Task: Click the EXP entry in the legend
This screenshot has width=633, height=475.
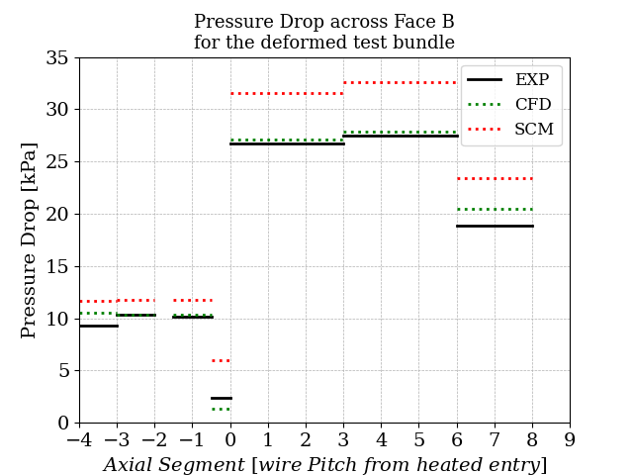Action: tap(532, 80)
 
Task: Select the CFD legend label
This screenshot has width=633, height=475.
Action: tap(532, 105)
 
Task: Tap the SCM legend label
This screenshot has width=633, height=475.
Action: tap(534, 130)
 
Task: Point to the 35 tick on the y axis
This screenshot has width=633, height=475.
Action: tap(58, 58)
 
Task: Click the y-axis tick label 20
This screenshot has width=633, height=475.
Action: tap(58, 215)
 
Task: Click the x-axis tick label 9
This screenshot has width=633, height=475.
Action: tap(570, 438)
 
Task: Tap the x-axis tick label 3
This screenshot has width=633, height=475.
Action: tap(343, 438)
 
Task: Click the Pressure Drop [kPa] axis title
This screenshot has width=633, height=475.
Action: tap(30, 239)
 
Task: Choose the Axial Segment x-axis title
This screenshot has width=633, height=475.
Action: tap(324, 464)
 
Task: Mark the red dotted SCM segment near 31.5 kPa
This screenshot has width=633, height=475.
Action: tap(287, 94)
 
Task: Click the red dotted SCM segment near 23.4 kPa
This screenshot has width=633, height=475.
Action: tap(495, 179)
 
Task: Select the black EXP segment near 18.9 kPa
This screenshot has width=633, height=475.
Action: tap(495, 226)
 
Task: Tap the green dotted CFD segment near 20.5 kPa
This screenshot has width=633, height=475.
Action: tap(495, 209)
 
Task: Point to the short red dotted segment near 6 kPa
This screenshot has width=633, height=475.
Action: tap(221, 360)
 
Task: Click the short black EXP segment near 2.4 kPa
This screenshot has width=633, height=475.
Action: tap(221, 398)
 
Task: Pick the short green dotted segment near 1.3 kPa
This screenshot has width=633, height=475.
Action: tap(221, 409)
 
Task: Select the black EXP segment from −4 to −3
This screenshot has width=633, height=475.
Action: tap(98, 326)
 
